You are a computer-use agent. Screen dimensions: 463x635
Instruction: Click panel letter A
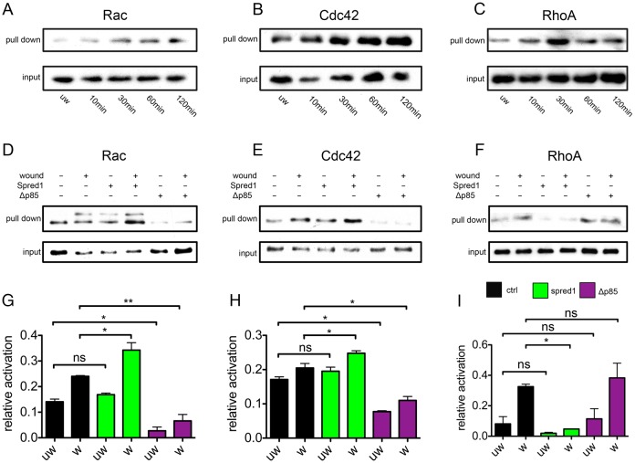[x=9, y=12]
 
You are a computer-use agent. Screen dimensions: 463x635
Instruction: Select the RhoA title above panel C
[x=526, y=13]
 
